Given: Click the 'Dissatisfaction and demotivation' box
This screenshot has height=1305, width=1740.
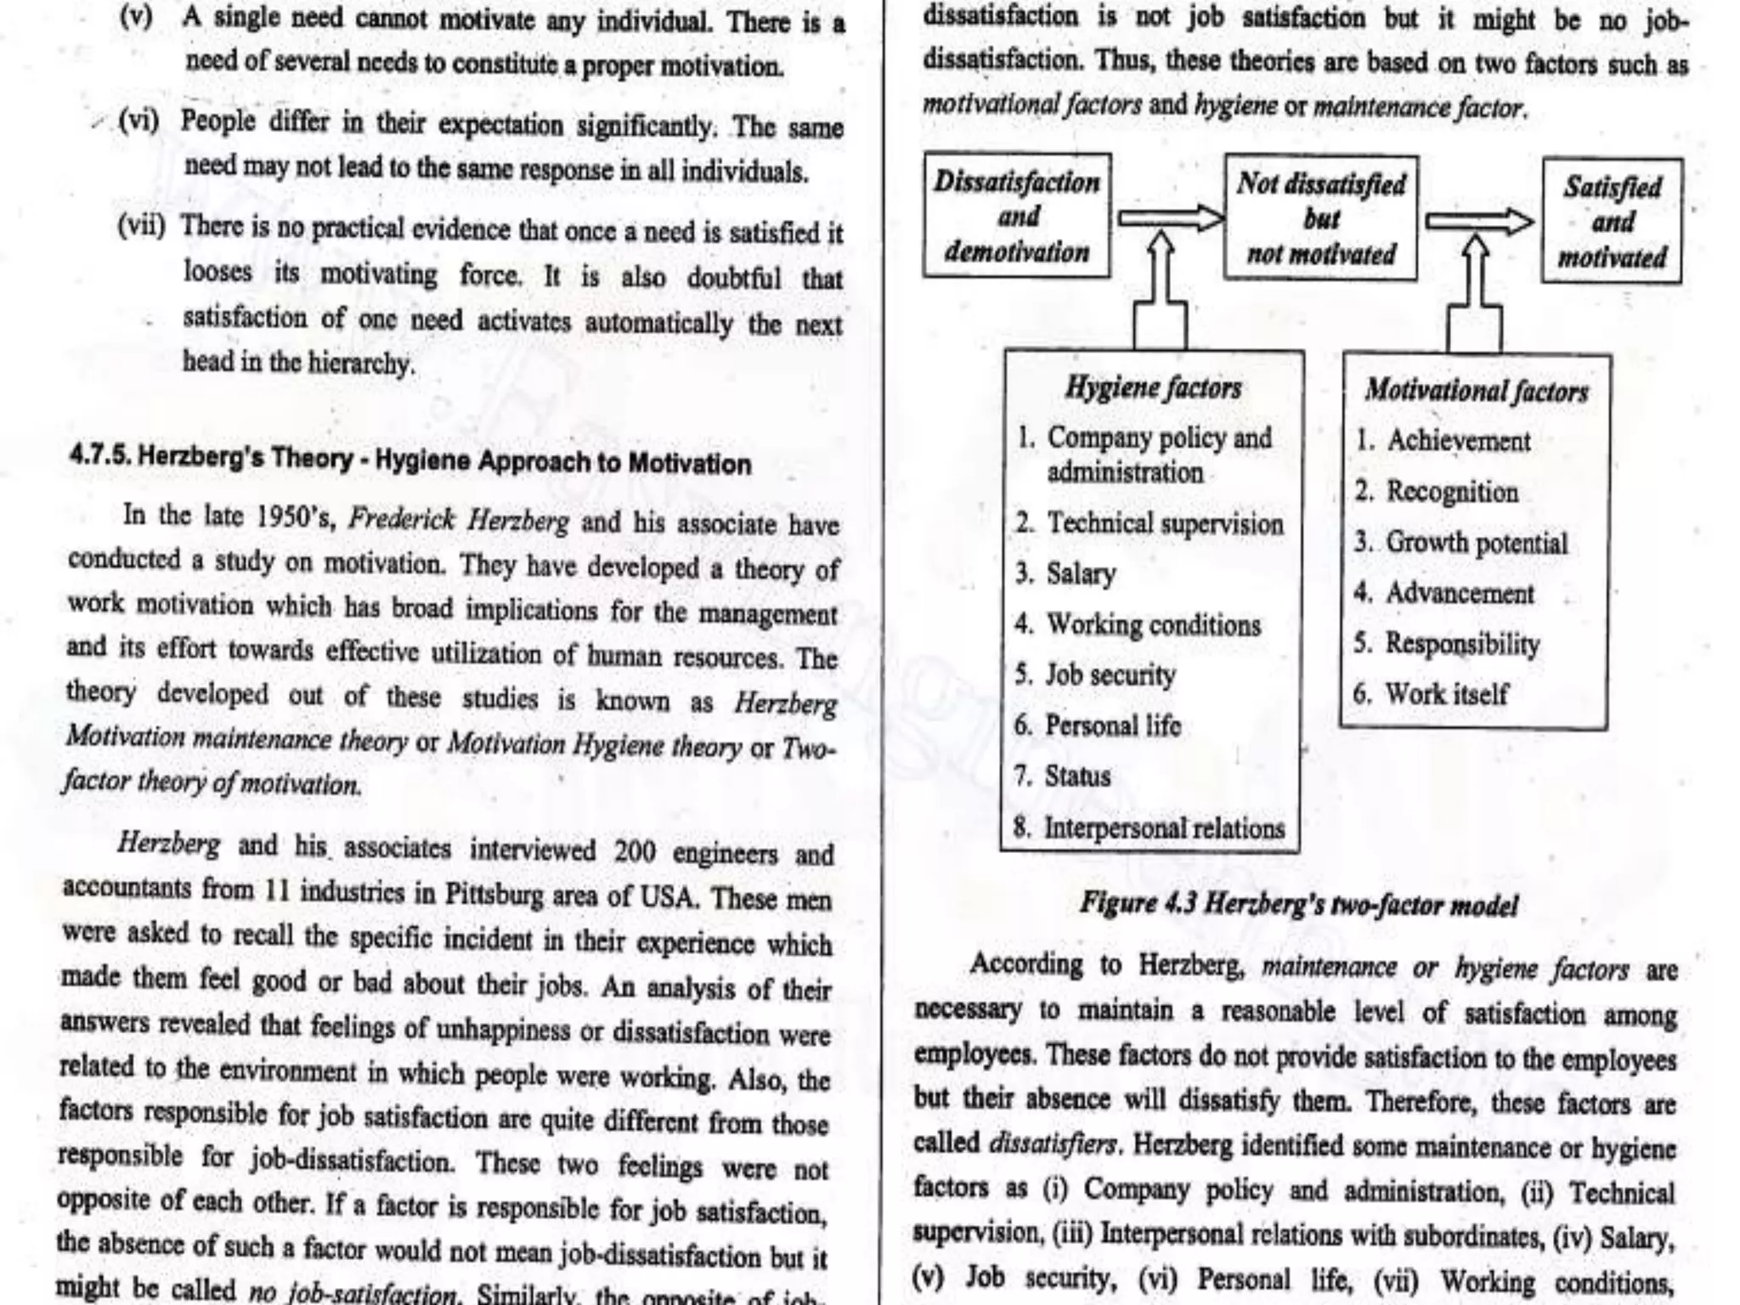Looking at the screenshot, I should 1016,216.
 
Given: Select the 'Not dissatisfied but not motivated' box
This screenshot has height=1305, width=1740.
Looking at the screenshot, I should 1320,218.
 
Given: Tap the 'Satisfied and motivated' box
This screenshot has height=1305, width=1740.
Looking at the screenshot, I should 1612,221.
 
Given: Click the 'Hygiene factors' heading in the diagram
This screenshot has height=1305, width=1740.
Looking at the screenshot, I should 1153,388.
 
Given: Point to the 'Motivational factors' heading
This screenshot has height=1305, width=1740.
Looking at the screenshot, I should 1476,391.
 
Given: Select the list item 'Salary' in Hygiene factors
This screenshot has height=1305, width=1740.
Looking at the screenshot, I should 1080,574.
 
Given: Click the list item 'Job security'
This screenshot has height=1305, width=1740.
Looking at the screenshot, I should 1110,675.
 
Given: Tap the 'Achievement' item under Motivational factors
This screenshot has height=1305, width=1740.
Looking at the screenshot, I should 1458,441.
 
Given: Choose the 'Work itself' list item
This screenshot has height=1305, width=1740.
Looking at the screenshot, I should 1446,694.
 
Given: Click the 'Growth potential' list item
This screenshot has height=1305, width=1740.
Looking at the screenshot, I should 1477,543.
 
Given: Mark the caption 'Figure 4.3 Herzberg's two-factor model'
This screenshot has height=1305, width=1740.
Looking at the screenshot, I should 1297,904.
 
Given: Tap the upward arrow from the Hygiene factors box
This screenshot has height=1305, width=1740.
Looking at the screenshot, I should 1161,289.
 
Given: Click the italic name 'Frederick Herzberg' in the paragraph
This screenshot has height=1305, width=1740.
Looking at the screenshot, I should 459,520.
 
